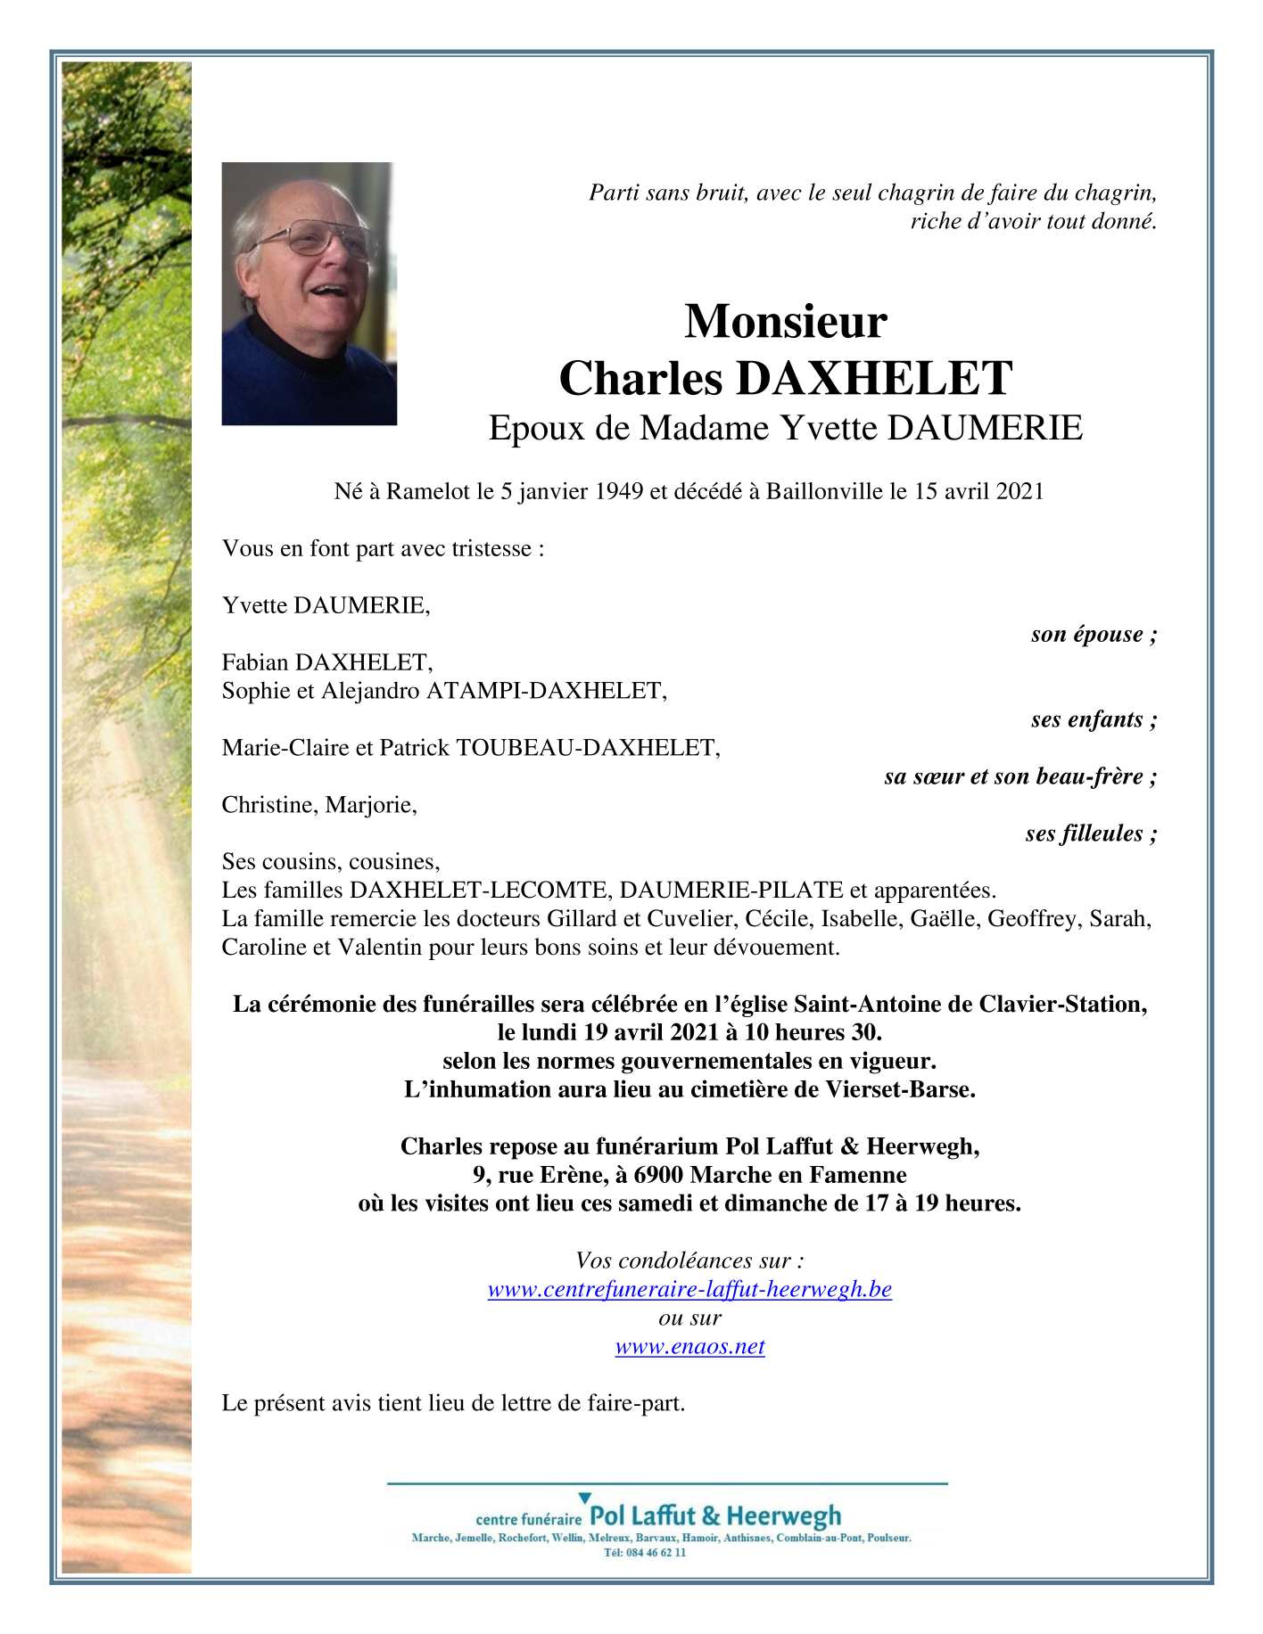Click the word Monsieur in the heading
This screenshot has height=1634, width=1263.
785,322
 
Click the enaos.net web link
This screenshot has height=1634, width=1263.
689,1346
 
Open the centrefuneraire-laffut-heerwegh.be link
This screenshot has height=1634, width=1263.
689,1289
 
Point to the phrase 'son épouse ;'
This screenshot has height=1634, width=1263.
1094,634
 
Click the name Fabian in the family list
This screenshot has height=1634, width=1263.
255,662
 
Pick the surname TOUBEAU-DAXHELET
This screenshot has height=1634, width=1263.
588,748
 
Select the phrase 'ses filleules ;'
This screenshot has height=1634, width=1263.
1091,833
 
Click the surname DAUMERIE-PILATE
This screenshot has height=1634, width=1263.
731,890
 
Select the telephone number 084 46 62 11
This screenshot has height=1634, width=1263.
656,1552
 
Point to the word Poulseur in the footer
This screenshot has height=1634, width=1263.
888,1538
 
